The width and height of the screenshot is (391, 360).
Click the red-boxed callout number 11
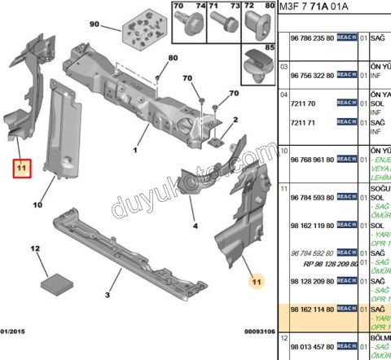pos(21,168)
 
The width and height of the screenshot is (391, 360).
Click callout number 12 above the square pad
pos(35,247)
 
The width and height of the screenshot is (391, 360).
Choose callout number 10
pos(37,205)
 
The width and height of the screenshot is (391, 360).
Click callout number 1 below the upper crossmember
pos(135,150)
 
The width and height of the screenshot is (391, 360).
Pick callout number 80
pos(173,57)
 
